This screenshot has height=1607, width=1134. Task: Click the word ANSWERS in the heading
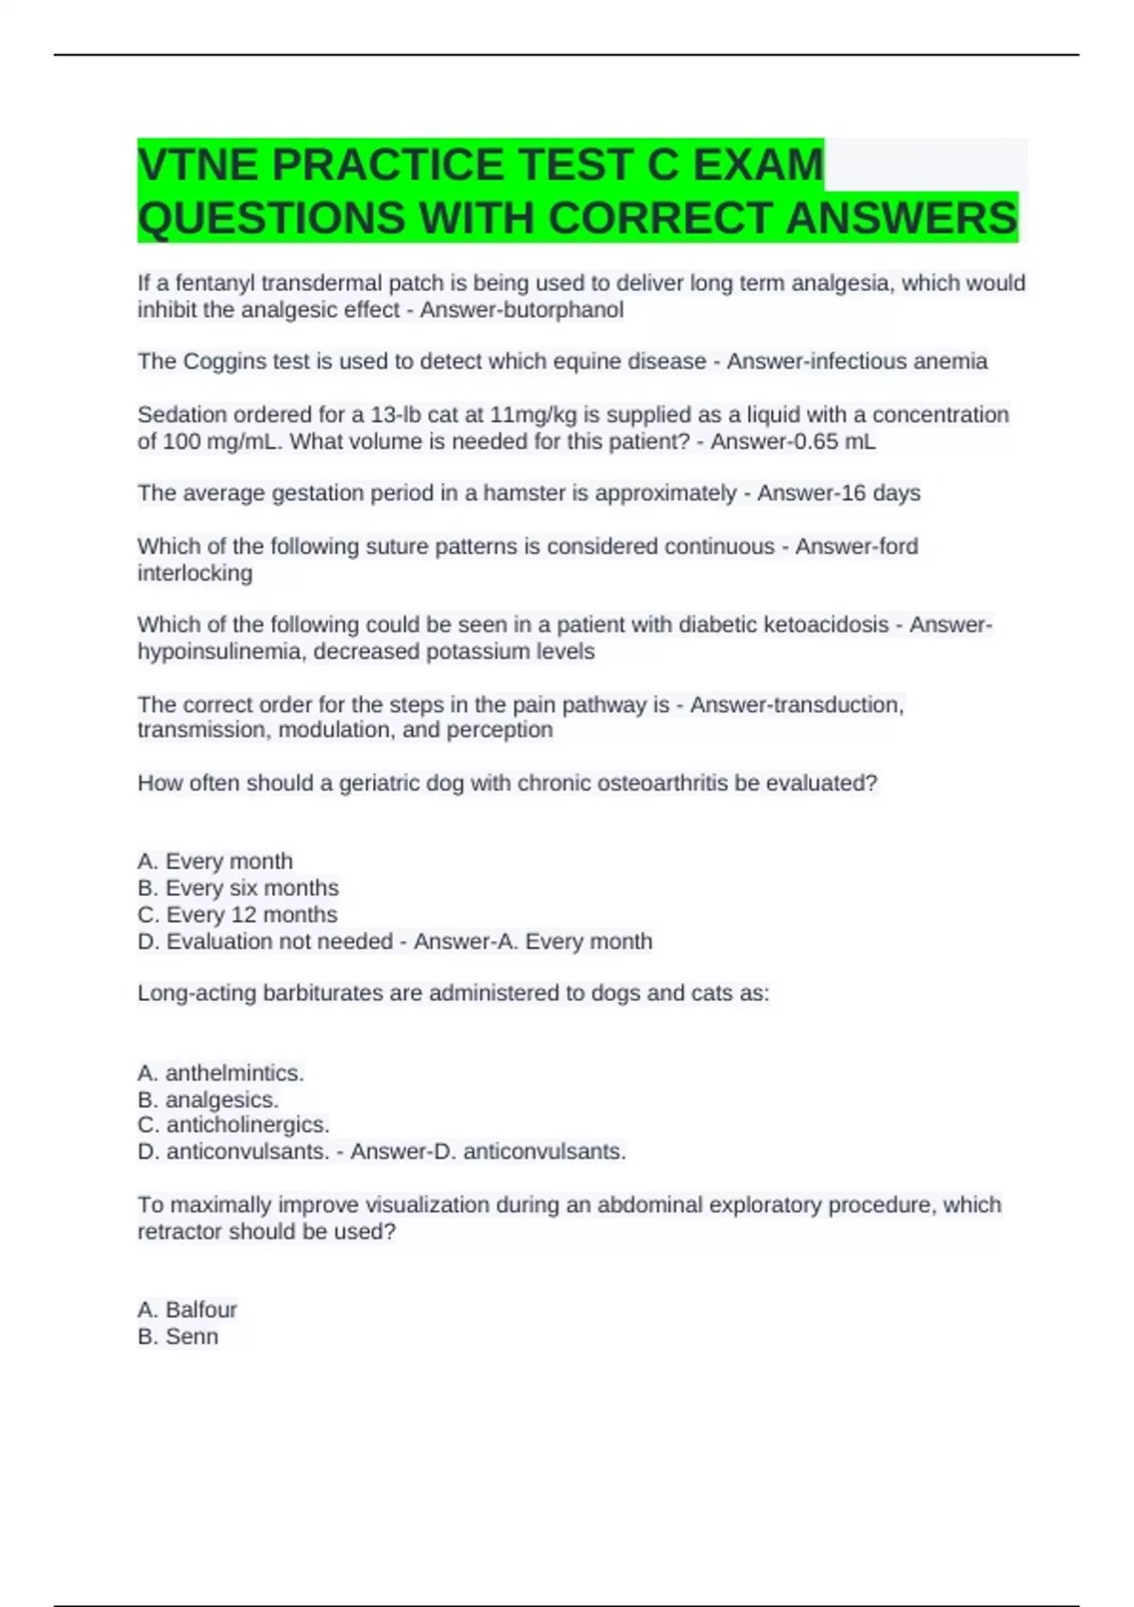click(x=902, y=218)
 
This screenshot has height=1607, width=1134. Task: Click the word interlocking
click(x=195, y=574)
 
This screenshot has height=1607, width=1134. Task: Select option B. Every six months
click(x=238, y=888)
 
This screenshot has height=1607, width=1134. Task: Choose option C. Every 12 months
click(x=237, y=914)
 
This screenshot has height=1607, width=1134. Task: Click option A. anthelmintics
click(x=220, y=1073)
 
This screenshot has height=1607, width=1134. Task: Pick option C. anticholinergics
click(x=233, y=1125)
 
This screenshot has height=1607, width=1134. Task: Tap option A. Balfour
click(x=187, y=1309)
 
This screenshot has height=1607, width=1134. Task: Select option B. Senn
click(x=178, y=1337)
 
